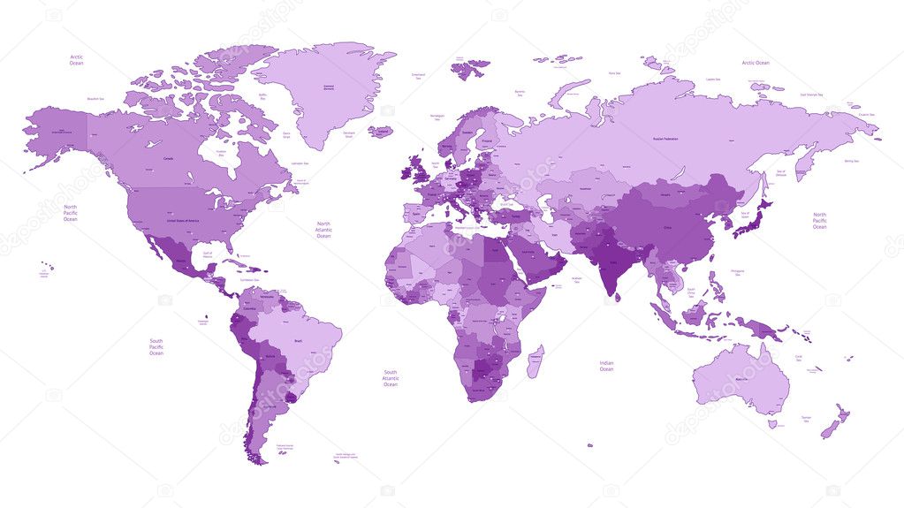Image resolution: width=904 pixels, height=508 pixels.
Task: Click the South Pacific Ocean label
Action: click(x=156, y=346)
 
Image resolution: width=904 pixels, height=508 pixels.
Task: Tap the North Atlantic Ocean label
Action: click(x=323, y=230)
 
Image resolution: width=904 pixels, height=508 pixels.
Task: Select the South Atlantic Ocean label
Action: click(x=390, y=378)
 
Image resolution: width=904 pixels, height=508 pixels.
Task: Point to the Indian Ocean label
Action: click(x=606, y=366)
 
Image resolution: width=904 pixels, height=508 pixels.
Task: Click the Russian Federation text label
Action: click(x=670, y=139)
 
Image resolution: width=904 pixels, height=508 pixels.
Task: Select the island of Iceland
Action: click(x=381, y=132)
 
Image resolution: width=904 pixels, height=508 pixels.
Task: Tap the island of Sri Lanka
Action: click(x=615, y=298)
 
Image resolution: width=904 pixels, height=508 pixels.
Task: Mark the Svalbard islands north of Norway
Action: click(x=471, y=67)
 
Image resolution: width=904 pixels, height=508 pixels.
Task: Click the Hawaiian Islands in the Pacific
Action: click(x=48, y=266)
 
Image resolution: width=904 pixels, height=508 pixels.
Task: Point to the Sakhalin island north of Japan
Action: click(x=763, y=186)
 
